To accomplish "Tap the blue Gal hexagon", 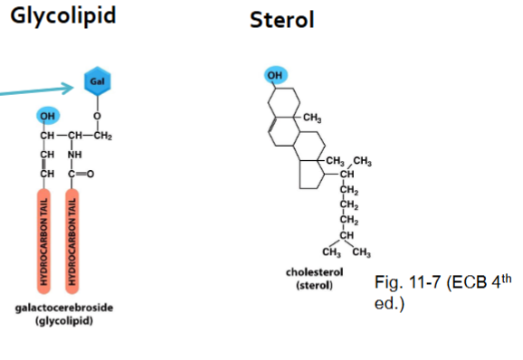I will (x=97, y=81).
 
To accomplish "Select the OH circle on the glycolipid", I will (x=46, y=116).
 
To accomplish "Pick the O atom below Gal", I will (x=97, y=116).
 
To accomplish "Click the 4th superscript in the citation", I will (x=507, y=278).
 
